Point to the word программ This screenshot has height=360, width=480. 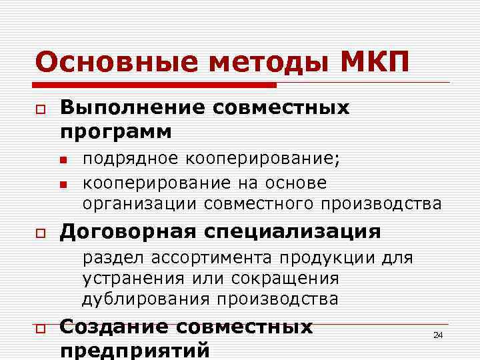click(116, 131)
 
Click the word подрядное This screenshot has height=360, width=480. click(131, 160)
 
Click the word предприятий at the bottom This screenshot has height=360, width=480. click(135, 350)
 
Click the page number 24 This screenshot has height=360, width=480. click(438, 335)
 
